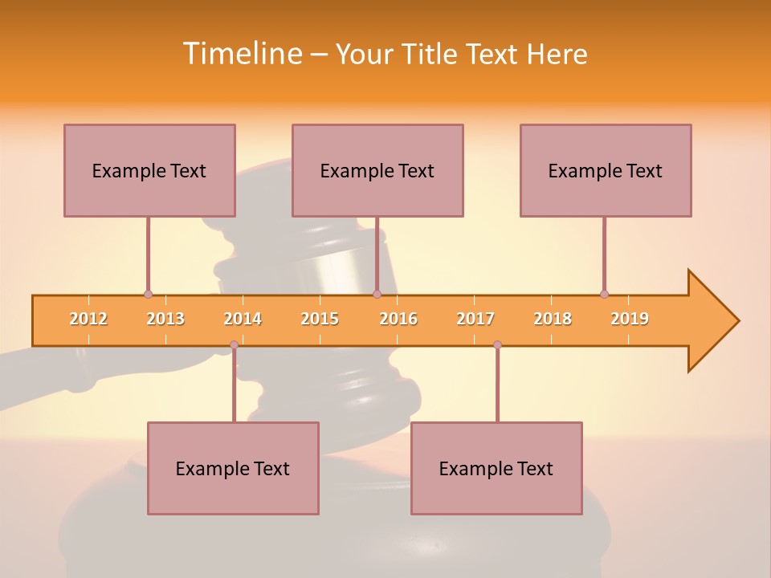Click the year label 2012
point(88,320)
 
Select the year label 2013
point(165,320)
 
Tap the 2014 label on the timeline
point(243,320)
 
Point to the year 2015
point(320,320)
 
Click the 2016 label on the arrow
point(398,320)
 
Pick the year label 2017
point(475,320)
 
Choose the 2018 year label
point(553,320)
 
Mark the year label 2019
point(630,320)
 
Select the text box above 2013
point(149,170)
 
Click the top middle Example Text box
point(377,170)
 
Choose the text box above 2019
point(606,170)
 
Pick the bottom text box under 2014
point(233,468)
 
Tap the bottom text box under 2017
point(496,468)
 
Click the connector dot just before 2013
point(148,295)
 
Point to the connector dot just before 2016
point(377,295)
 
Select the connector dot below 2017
point(497,345)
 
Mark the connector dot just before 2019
point(604,295)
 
